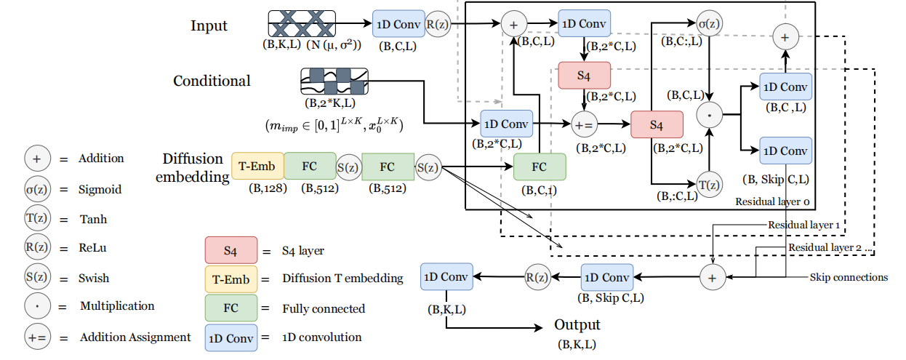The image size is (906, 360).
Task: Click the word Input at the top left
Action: click(x=209, y=25)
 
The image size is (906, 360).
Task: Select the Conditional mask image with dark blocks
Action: click(x=334, y=81)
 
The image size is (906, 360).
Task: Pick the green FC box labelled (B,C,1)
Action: click(x=539, y=167)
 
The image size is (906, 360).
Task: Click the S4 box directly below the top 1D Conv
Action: click(x=584, y=75)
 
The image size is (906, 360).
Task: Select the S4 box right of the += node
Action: click(x=657, y=125)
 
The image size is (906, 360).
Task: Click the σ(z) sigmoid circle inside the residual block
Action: click(x=709, y=23)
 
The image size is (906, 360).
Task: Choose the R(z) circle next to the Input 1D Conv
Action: click(x=438, y=24)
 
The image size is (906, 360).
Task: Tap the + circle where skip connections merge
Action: click(x=712, y=277)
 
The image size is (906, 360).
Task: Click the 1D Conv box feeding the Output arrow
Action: click(x=446, y=276)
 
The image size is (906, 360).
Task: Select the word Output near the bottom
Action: click(x=577, y=325)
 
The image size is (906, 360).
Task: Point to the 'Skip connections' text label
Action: click(x=849, y=277)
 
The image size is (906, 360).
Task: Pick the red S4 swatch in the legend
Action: click(x=230, y=251)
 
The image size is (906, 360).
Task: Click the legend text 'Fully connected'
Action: click(x=324, y=308)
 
